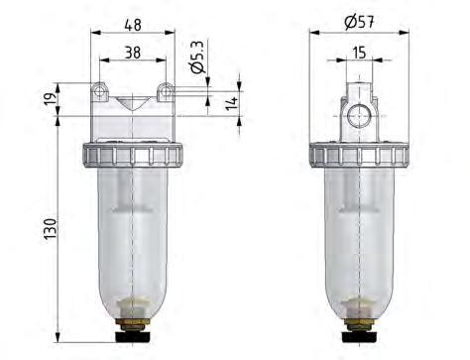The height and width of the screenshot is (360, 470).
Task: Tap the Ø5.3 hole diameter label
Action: [x=196, y=57]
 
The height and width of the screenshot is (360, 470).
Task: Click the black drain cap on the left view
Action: [x=133, y=337]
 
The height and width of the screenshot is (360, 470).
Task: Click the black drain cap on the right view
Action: [x=360, y=337]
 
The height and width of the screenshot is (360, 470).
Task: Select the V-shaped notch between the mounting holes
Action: [x=133, y=100]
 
